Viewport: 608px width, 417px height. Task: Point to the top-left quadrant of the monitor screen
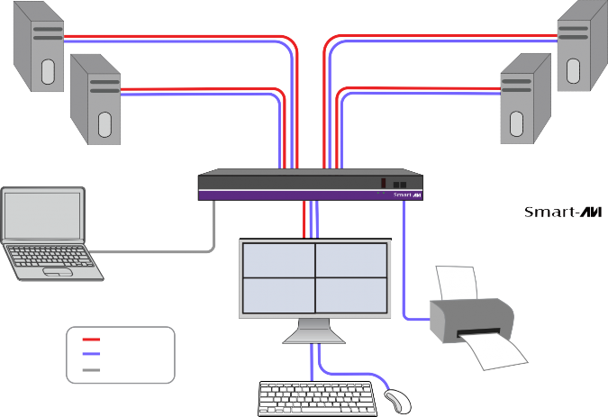point(278,260)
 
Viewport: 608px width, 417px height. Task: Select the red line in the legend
point(91,340)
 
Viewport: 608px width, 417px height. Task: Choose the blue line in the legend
point(91,354)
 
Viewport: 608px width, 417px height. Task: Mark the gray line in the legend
point(91,369)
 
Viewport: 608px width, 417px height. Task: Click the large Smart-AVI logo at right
point(563,213)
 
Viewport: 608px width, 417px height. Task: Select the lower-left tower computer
point(95,98)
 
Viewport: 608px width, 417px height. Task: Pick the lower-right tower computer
point(525,99)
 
